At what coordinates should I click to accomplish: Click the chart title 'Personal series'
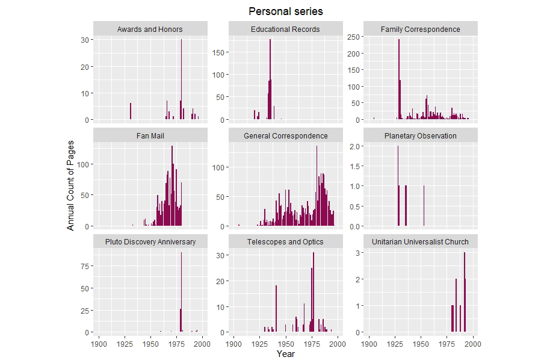(285, 11)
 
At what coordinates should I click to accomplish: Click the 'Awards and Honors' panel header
(150, 29)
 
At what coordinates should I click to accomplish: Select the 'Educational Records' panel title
(285, 29)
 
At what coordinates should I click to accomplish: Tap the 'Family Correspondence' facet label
(421, 29)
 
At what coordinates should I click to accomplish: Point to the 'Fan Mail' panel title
(150, 135)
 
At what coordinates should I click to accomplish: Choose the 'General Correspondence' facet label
(285, 135)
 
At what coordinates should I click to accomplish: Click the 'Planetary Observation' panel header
(421, 135)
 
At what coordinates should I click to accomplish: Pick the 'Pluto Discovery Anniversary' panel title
(150, 241)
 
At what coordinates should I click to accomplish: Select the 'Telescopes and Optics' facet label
(285, 241)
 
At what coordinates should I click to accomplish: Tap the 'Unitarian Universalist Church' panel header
(421, 241)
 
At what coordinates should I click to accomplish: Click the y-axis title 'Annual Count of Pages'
(71, 185)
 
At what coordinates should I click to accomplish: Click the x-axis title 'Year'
(285, 354)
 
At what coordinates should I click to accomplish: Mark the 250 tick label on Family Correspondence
(354, 37)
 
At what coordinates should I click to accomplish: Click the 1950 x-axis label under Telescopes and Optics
(285, 344)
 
